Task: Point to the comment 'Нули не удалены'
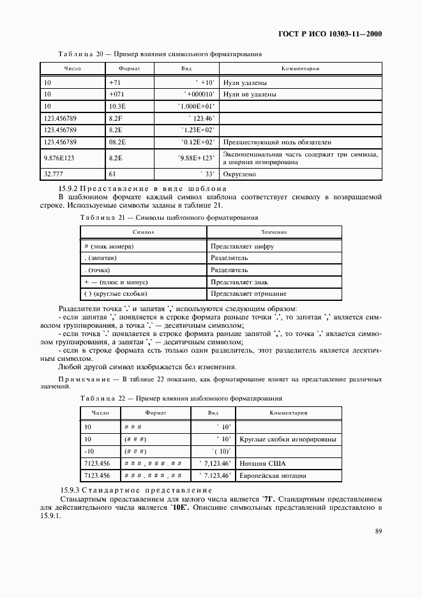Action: (x=250, y=94)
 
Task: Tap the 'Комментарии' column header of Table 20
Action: (x=300, y=68)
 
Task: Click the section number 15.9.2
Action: (x=68, y=188)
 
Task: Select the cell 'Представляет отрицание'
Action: (x=248, y=293)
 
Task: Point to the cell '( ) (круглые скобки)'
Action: (x=116, y=293)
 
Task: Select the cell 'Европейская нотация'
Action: (x=273, y=475)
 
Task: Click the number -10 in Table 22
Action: (x=89, y=452)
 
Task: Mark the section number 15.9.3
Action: (x=68, y=489)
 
